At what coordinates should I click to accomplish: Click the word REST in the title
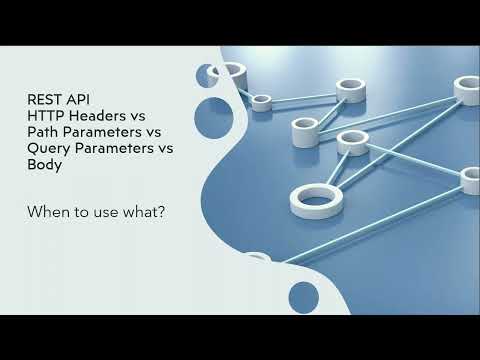(44, 99)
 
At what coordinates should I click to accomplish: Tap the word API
(77, 99)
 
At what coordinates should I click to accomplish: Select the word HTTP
(46, 116)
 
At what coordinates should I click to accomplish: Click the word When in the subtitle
(48, 212)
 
